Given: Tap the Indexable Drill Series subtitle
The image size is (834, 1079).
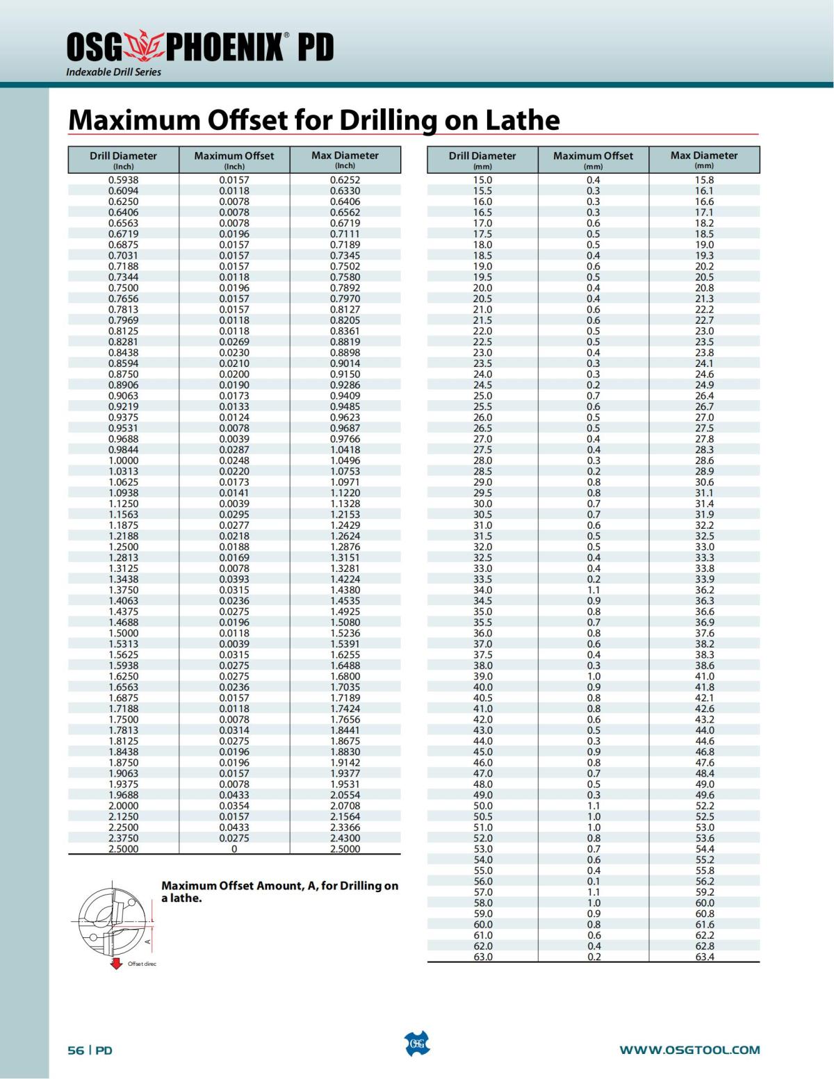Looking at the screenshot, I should click(x=113, y=72).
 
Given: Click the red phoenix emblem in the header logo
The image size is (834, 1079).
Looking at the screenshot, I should click(x=142, y=46).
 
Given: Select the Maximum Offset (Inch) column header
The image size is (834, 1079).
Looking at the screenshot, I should click(x=234, y=160).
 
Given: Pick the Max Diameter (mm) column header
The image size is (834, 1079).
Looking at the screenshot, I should click(x=704, y=160).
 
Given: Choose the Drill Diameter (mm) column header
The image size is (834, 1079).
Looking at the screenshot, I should click(x=482, y=160).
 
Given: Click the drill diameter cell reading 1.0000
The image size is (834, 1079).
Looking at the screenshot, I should click(x=123, y=461).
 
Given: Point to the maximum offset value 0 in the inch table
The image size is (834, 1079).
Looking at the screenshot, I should click(x=234, y=849).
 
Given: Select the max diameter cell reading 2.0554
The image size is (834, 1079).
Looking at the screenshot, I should click(x=345, y=795).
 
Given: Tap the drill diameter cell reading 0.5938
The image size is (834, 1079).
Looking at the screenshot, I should click(x=123, y=180).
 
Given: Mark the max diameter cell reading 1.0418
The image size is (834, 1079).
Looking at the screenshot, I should click(x=345, y=450).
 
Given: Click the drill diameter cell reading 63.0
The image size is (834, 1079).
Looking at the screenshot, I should click(x=482, y=957).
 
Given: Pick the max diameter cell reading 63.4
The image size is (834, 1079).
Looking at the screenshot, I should click(x=704, y=957).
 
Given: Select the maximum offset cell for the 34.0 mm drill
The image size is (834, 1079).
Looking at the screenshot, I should click(x=593, y=590).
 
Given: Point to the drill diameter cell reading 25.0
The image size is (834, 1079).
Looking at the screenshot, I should click(x=482, y=396).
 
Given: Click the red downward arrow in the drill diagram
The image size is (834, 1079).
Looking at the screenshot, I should click(x=117, y=963).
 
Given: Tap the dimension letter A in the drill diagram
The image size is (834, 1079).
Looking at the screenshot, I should click(x=147, y=942).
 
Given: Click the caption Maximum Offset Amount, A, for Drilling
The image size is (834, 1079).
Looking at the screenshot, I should click(x=279, y=891).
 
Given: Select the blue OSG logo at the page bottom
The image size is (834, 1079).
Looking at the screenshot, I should click(x=417, y=1044).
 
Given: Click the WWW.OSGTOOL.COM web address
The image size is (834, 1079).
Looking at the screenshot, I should click(x=689, y=1050).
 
